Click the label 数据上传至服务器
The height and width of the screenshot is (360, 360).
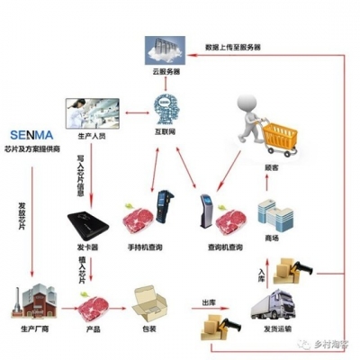pyautogui.click(x=236, y=47)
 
